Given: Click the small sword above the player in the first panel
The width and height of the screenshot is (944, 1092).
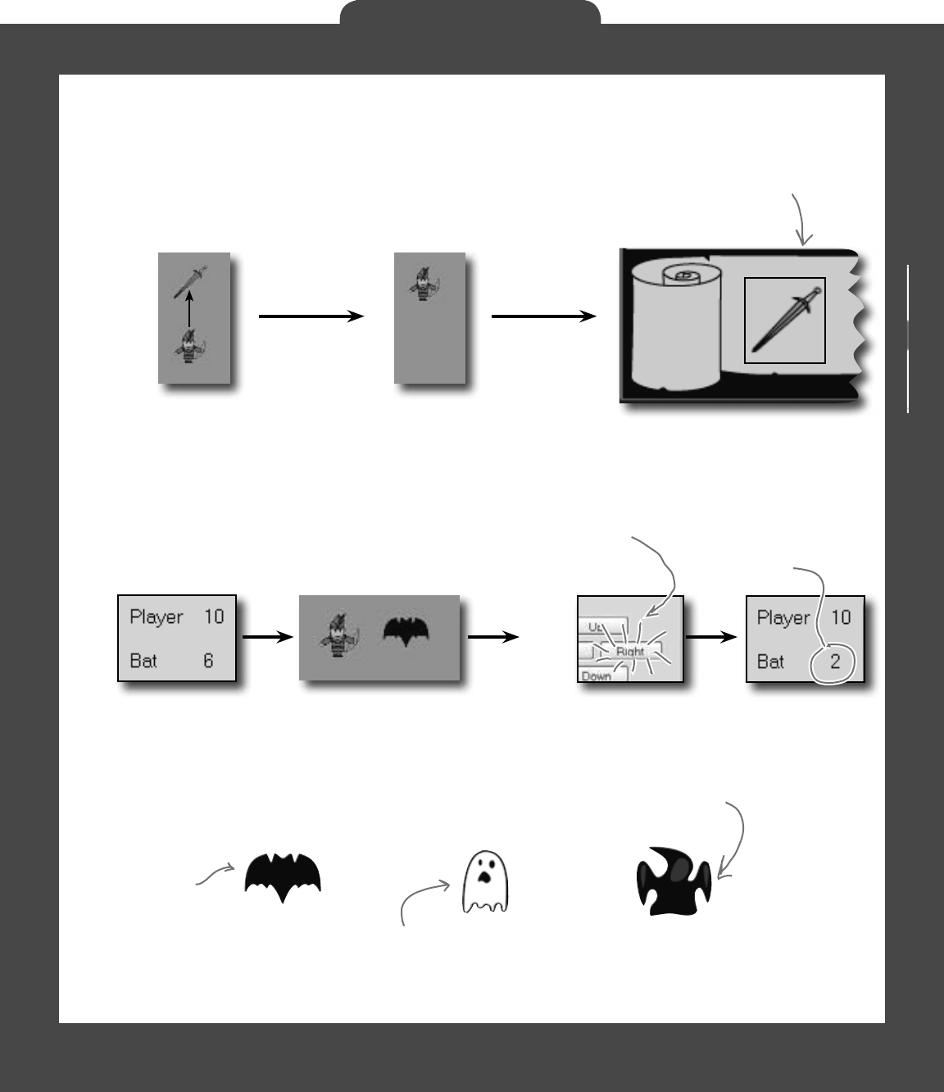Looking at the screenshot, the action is [191, 281].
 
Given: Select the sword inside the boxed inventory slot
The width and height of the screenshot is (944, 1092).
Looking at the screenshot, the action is [784, 319].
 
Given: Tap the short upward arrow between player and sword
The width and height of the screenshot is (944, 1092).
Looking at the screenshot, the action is [189, 312].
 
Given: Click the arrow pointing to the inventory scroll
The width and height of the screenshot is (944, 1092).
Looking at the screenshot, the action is [543, 316].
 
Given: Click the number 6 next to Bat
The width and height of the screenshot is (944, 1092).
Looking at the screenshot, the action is [208, 661].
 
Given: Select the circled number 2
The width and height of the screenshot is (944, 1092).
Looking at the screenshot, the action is [835, 662].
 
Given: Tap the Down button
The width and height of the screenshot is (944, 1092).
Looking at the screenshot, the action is [597, 676].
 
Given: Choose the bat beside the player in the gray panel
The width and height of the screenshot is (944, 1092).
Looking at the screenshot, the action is [407, 630].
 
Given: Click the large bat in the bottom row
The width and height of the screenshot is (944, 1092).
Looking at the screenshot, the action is [283, 876].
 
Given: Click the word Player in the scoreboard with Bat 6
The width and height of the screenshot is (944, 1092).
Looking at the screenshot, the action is [156, 617].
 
